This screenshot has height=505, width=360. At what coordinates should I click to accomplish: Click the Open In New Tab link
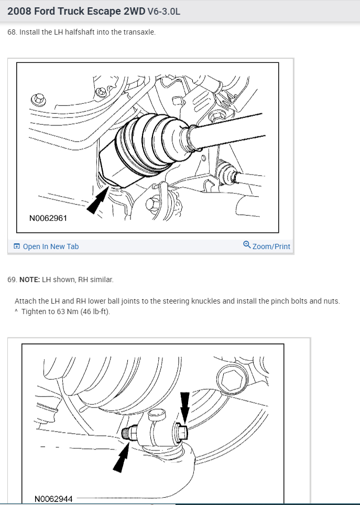coord(51,246)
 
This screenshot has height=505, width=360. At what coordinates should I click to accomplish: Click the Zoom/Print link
coord(271,246)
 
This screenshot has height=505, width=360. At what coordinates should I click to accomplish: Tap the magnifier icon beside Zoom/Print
coord(247,245)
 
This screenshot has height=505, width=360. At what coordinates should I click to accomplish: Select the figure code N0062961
coord(48,218)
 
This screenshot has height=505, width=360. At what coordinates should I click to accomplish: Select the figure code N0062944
coord(53,499)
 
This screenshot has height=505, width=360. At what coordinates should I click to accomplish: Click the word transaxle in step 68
coord(139,32)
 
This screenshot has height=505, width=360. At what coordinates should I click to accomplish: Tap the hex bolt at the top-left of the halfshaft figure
coord(38,99)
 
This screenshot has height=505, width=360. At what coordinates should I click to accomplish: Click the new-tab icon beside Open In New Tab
coord(17,246)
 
